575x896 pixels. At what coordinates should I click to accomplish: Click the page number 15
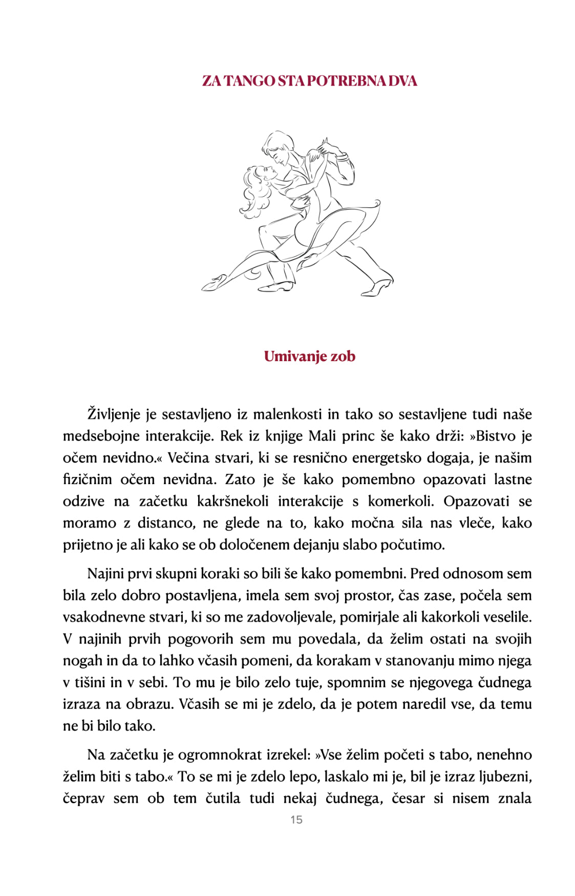pyautogui.click(x=296, y=820)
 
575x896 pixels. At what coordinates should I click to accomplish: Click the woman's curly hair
pyautogui.click(x=253, y=190)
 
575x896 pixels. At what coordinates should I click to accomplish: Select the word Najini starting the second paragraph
pyautogui.click(x=104, y=574)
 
